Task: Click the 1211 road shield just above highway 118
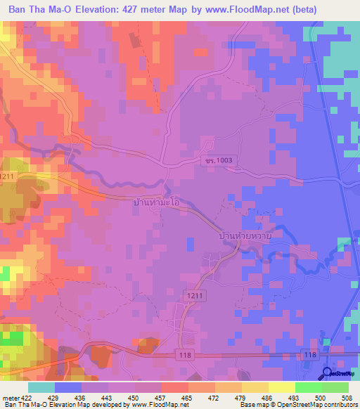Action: coord(195,298)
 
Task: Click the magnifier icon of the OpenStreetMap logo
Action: coord(327,373)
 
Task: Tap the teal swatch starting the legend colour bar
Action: coord(41,387)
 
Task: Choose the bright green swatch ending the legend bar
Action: coord(335,387)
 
